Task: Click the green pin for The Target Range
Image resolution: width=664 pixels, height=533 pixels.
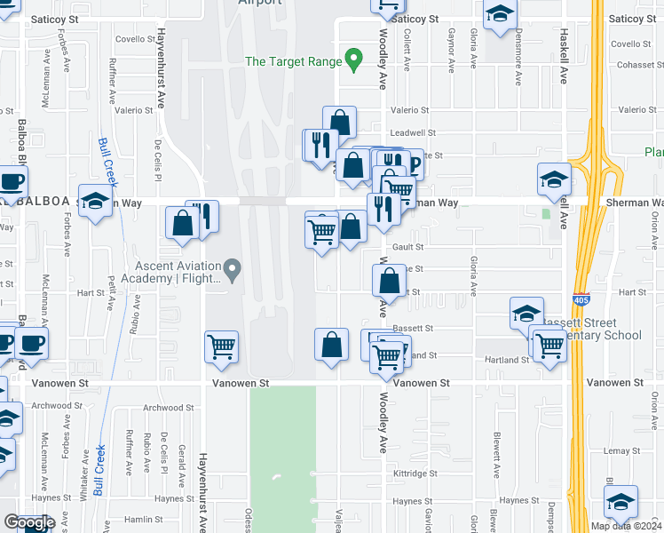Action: tap(353, 61)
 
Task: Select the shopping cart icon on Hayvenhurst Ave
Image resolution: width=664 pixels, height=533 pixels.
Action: tap(221, 346)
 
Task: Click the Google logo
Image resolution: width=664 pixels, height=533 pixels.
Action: tap(28, 521)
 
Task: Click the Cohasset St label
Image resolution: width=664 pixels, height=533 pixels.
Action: tap(626, 64)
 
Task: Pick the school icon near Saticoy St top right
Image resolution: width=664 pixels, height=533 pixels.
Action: tap(500, 14)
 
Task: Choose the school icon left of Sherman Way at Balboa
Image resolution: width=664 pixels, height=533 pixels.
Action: tap(94, 200)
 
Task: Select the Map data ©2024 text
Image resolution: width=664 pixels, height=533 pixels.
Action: tap(627, 526)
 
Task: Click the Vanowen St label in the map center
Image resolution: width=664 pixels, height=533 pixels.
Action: tap(241, 383)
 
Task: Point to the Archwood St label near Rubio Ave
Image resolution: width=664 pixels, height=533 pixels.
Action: tap(162, 408)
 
